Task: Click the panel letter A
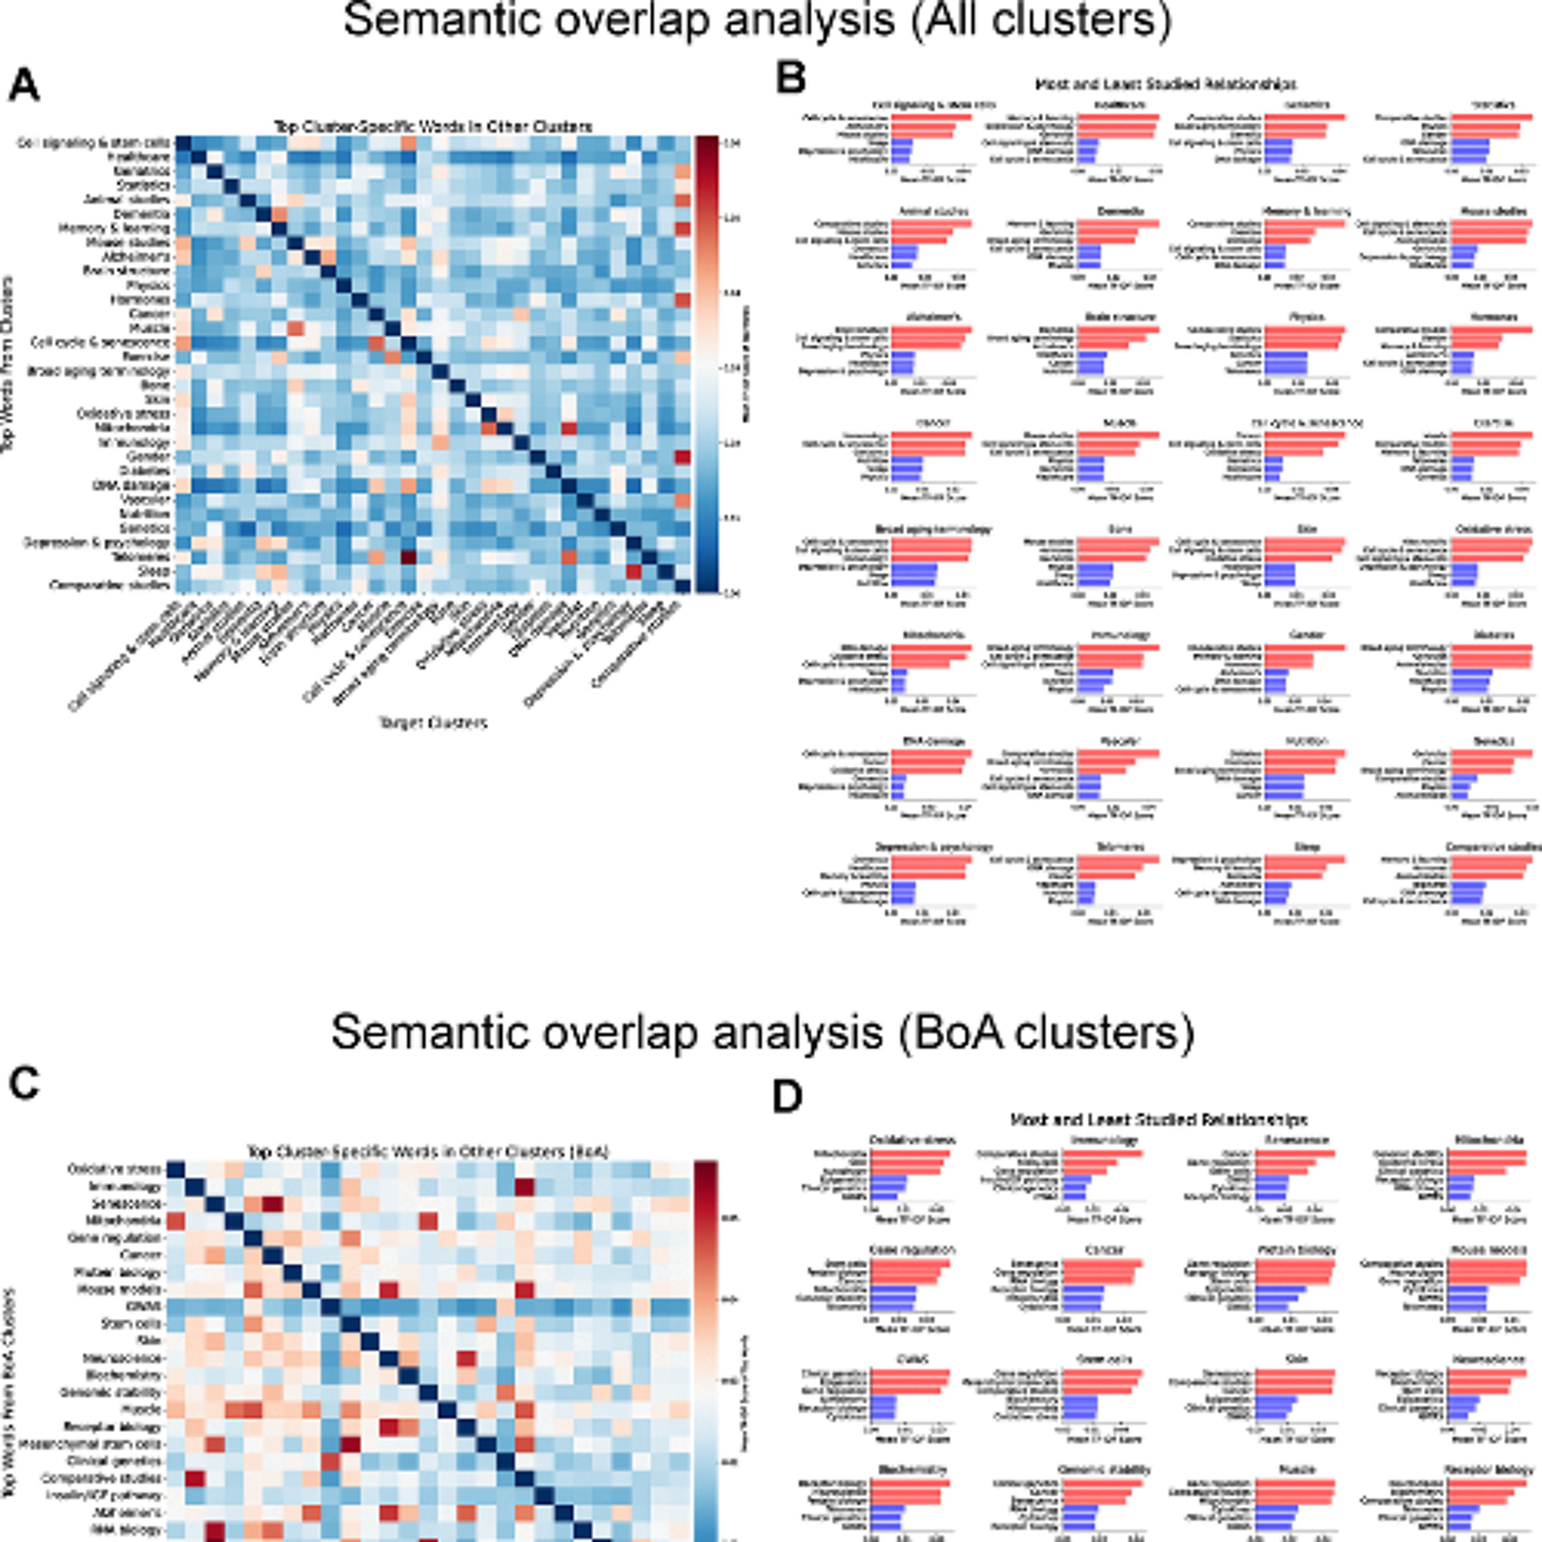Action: point(24,85)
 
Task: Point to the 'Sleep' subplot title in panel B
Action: point(1306,847)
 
